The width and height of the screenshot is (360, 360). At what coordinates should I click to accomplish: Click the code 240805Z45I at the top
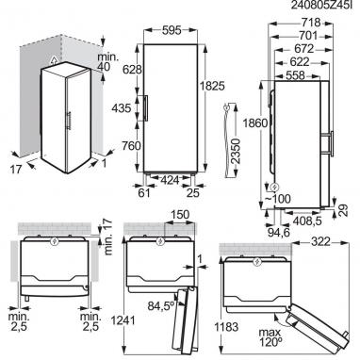click(325, 6)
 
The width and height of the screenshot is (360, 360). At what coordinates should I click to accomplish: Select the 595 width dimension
click(172, 30)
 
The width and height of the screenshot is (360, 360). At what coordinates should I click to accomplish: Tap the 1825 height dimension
click(213, 86)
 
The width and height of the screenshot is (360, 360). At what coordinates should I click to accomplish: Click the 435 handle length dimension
click(122, 108)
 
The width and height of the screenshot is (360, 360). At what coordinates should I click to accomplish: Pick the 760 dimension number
click(130, 146)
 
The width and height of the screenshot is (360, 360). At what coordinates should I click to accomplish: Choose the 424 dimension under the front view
click(170, 180)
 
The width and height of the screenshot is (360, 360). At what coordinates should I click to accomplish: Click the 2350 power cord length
click(235, 151)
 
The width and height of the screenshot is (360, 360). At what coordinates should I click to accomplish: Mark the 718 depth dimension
click(310, 23)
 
